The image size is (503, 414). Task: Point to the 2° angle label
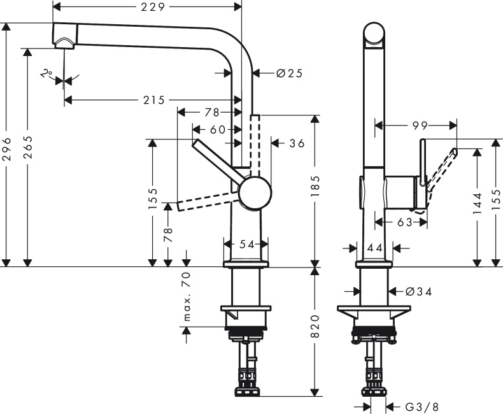coord(46,74)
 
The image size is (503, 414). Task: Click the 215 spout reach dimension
coord(153,100)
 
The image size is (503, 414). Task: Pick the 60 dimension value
coord(218,129)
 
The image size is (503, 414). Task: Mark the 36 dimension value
coord(297,143)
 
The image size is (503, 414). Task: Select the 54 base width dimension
coord(246,244)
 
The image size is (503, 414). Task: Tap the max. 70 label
coord(187,296)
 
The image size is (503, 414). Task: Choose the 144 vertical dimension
coord(478,206)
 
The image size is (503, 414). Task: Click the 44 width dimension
coord(374,248)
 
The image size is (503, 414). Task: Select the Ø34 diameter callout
coord(419,292)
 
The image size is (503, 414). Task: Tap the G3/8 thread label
coord(422,406)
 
